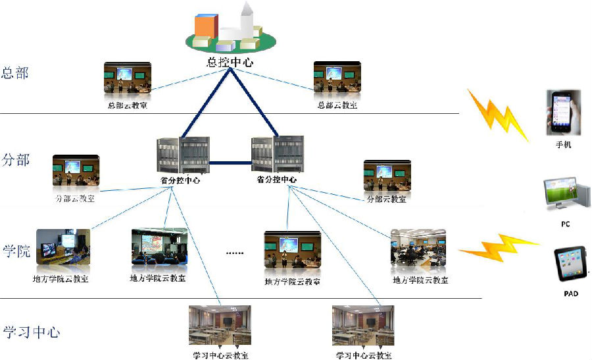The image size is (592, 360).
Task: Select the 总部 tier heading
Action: pyautogui.click(x=16, y=73)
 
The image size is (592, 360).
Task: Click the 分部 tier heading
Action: pyautogui.click(x=16, y=160)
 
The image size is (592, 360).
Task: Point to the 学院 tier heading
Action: pyautogui.click(x=16, y=251)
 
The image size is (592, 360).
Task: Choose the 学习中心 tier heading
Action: pyautogui.click(x=32, y=332)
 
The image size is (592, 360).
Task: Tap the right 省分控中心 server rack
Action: pyautogui.click(x=276, y=155)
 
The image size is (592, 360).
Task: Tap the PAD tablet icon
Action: pyautogui.click(x=570, y=266)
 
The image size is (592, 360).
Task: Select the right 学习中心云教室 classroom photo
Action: pyautogui.click(x=363, y=326)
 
